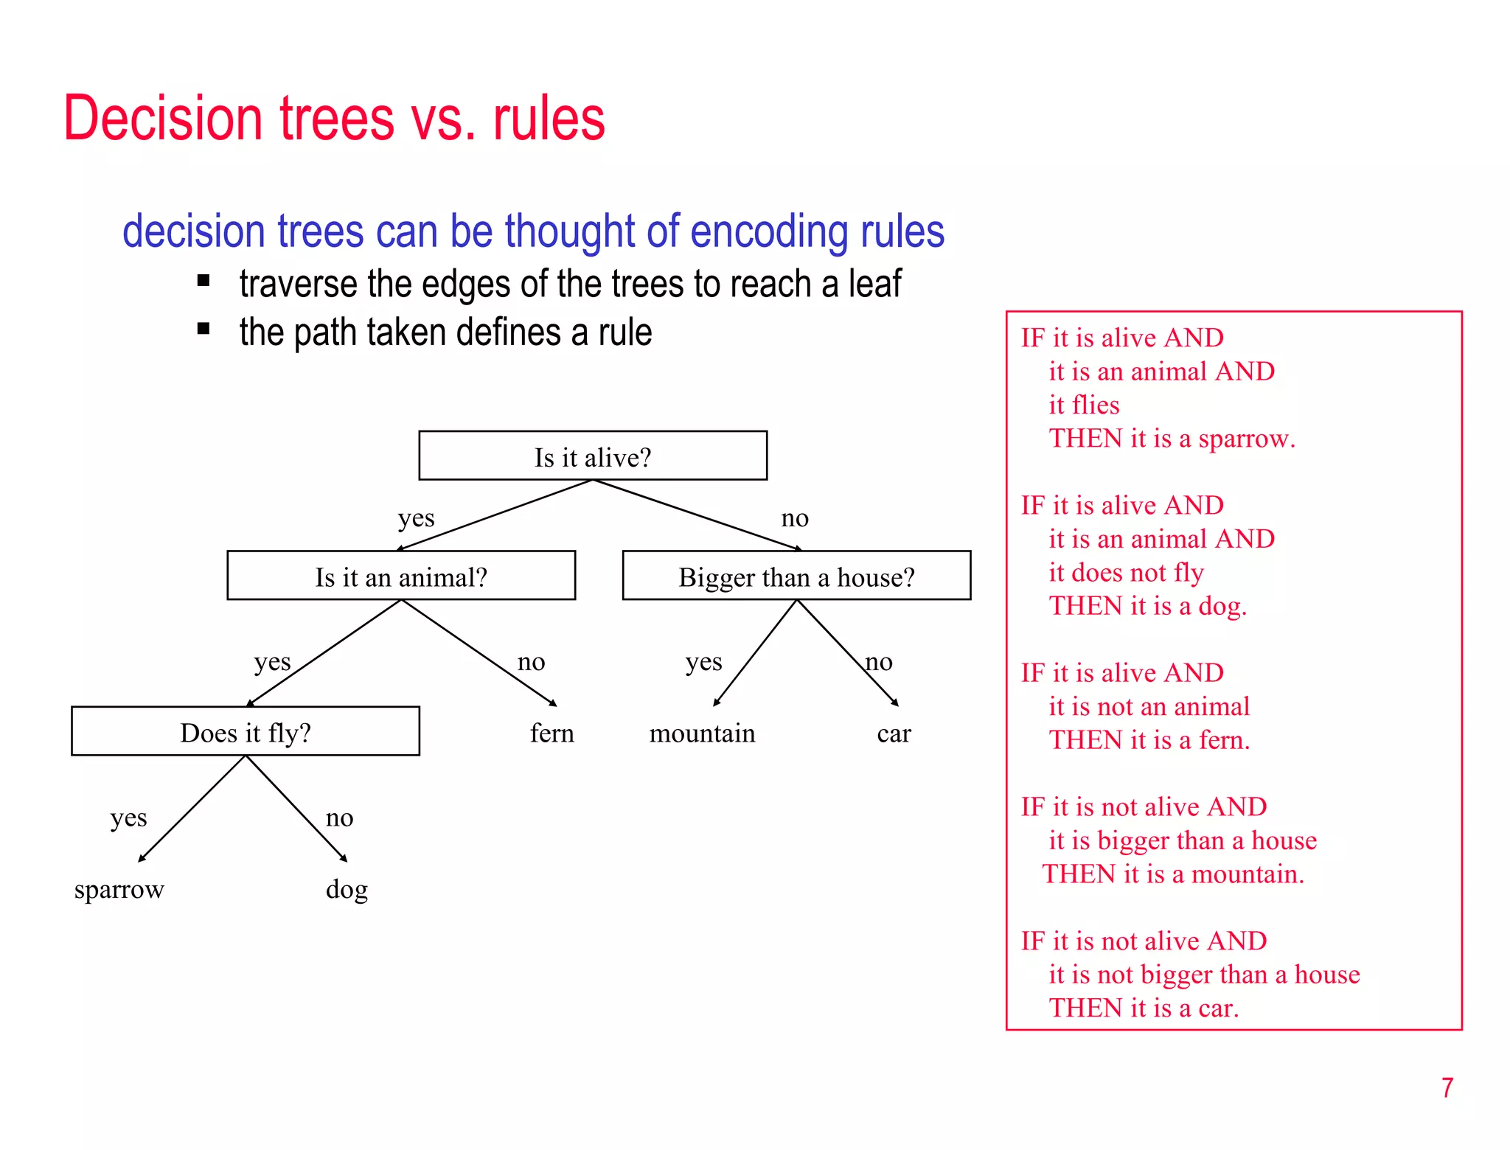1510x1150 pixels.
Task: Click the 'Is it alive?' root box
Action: [593, 456]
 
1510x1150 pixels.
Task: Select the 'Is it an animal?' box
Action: [401, 576]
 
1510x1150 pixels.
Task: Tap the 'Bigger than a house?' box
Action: [796, 576]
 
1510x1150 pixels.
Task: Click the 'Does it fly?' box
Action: [246, 731]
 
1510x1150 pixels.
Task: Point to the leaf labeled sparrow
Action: [119, 890]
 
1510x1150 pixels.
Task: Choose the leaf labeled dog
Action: [347, 890]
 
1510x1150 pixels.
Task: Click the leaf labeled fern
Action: [552, 733]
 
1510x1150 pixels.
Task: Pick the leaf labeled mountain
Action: [702, 733]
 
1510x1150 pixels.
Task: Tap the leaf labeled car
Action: [894, 733]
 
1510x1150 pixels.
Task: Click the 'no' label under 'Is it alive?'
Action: [795, 518]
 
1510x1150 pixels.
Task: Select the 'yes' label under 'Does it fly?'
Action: [128, 818]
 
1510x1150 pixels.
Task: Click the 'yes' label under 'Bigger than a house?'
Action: [703, 662]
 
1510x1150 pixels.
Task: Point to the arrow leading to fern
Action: [479, 652]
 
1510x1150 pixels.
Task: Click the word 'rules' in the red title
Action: [549, 119]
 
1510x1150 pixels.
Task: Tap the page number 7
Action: [1447, 1088]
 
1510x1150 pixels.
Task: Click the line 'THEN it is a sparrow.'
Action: [1172, 439]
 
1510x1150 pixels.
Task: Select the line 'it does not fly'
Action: [1126, 573]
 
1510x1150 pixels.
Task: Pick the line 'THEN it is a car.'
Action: [1144, 1008]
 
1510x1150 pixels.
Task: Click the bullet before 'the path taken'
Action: [204, 329]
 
